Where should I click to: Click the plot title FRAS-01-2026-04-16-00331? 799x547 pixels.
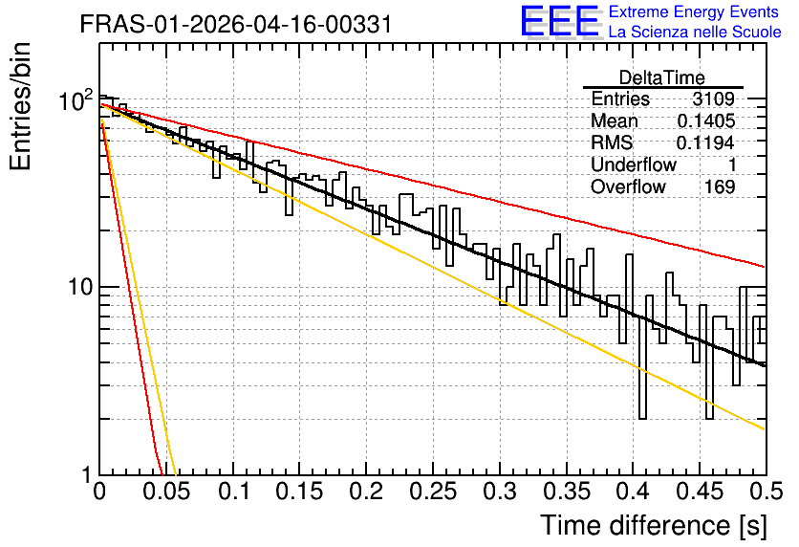coord(236,24)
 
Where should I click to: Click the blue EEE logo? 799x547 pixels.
coord(560,21)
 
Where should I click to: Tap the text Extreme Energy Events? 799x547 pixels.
coord(694,11)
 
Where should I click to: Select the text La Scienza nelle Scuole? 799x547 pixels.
coord(695,32)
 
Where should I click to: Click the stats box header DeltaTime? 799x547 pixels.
coord(662,77)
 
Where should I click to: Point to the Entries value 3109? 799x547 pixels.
coord(713,98)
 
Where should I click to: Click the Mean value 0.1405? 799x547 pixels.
coord(706,120)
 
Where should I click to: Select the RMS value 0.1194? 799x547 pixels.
coord(705,142)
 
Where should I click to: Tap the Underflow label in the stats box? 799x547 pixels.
coord(634,164)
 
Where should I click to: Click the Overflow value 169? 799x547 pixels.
coord(720,186)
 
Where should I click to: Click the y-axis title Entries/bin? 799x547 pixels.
coord(20,107)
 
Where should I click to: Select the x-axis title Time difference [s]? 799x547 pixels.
coord(654,525)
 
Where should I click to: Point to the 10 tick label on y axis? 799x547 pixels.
coord(81,287)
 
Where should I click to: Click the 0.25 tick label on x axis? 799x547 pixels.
coord(433,492)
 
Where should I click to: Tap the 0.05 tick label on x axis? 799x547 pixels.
coord(166,492)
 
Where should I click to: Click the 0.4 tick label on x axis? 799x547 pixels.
coord(633,492)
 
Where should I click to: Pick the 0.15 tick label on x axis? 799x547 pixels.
coord(300,492)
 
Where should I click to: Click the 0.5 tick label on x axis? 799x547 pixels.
coord(766,492)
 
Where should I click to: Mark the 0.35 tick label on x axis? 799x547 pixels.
coord(567,492)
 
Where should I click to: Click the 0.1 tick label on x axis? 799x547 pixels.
coord(234,492)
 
